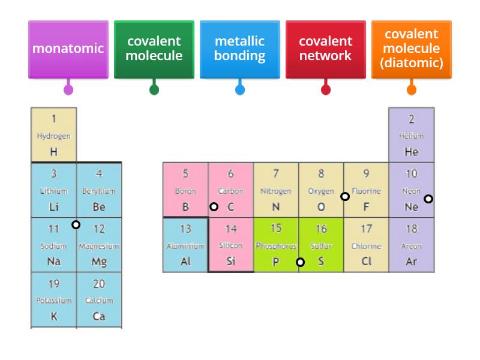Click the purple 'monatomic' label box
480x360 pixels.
tap(68, 49)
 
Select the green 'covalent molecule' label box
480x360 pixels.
tap(154, 49)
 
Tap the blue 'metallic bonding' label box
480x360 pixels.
tap(240, 49)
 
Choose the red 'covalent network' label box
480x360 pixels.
tap(326, 49)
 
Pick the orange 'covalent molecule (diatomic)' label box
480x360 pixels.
tap(412, 49)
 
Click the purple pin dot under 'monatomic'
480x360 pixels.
tap(68, 90)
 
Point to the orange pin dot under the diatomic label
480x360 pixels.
tap(412, 90)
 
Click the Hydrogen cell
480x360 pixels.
tap(54, 135)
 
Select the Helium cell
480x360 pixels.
tap(412, 135)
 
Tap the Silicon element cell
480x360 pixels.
tap(231, 245)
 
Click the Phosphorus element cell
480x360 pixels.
tap(276, 245)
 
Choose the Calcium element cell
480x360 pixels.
tap(99, 300)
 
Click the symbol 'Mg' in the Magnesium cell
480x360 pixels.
tap(99, 262)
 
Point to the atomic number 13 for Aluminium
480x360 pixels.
tap(185, 229)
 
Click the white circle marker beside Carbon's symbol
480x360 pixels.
tap(214, 206)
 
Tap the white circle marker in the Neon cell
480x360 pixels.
tap(428, 199)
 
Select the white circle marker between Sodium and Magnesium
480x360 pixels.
tap(76, 225)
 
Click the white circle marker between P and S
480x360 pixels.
tap(301, 262)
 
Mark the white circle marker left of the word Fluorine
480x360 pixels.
tap(345, 196)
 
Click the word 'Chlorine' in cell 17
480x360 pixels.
tap(366, 246)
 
